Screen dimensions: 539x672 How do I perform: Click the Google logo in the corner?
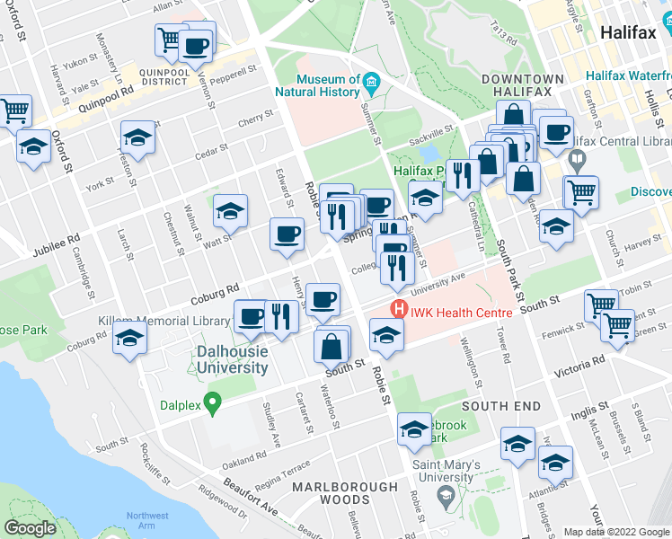click(31, 528)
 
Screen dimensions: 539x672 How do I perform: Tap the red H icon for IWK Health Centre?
click(398, 312)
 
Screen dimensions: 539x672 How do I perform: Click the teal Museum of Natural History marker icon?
click(371, 86)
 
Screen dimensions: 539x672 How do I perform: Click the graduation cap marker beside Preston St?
click(137, 137)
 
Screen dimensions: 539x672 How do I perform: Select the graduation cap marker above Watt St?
click(230, 211)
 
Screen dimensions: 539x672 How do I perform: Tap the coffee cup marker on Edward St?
click(287, 234)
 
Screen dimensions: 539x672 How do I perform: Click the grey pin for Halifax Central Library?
click(577, 163)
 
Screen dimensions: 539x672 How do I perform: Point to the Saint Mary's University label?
click(447, 471)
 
